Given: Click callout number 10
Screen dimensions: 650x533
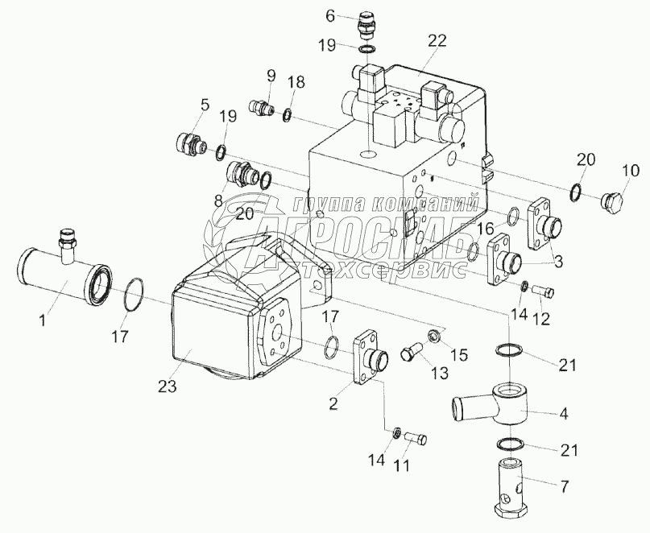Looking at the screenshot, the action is click(x=631, y=171).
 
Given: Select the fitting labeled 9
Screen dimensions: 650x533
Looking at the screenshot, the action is click(x=263, y=107).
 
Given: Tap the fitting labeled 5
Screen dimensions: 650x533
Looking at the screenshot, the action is click(x=190, y=145).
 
